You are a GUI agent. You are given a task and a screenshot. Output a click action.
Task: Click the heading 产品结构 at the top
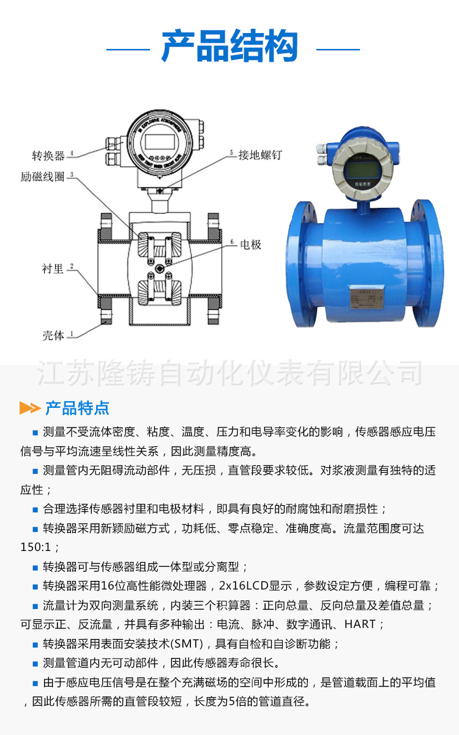tap(229, 47)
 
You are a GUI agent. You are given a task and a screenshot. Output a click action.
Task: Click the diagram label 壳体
tap(53, 335)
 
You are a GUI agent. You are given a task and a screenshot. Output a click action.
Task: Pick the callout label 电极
tap(250, 245)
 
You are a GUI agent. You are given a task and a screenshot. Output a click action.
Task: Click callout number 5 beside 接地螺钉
tap(231, 152)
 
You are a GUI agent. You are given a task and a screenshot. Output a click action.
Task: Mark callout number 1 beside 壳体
tap(72, 334)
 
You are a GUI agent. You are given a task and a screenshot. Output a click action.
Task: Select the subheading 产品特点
tap(77, 408)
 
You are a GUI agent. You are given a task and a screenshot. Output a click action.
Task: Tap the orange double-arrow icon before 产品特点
tap(30, 408)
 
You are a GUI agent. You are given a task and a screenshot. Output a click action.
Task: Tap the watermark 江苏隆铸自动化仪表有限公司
tap(229, 373)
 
